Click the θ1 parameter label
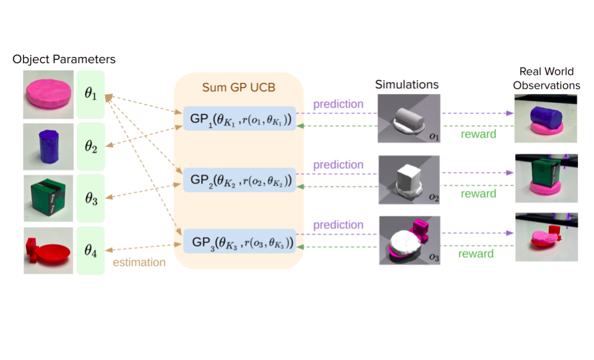tap(90, 95)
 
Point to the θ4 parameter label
tap(90, 250)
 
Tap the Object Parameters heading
tap(64, 59)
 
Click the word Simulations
tap(407, 84)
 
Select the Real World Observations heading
tap(546, 79)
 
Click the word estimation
tap(139, 262)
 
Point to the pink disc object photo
tap(48, 95)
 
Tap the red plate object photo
tap(48, 250)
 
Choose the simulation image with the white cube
tap(409, 180)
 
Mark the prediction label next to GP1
tap(338, 104)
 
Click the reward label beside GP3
tap(476, 254)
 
